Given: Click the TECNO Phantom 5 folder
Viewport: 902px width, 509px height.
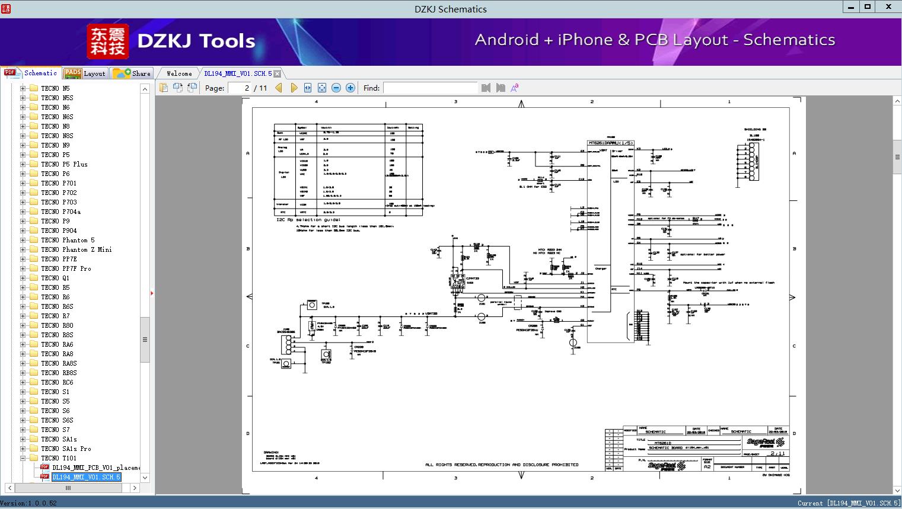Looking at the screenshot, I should click(68, 240).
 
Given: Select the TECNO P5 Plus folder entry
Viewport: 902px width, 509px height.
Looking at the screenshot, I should click(64, 164).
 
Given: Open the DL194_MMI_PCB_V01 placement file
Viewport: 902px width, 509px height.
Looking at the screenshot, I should click(95, 468).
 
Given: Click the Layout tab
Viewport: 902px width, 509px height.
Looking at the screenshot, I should click(85, 73).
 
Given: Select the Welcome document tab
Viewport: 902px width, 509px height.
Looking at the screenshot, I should click(179, 73).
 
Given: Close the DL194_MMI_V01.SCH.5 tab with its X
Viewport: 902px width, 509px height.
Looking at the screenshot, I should click(277, 74).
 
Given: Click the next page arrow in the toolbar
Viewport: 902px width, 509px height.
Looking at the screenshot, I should click(294, 88).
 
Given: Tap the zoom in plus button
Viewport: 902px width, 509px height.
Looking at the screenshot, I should click(350, 88).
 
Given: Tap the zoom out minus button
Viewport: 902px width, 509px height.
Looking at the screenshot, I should click(336, 88).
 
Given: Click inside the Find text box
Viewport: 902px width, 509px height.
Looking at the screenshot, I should click(430, 88).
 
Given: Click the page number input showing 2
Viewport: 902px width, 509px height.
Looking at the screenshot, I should click(240, 88).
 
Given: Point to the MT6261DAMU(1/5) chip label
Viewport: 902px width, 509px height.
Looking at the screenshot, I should click(610, 143).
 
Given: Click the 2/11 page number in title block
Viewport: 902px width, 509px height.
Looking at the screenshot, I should click(777, 453).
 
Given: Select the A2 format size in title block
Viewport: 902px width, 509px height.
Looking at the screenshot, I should click(707, 467).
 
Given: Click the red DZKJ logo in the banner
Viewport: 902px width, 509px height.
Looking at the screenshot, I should click(107, 41).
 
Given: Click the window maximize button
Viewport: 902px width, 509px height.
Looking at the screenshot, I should click(867, 7).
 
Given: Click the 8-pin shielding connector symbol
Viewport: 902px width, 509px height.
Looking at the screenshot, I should click(753, 161).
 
